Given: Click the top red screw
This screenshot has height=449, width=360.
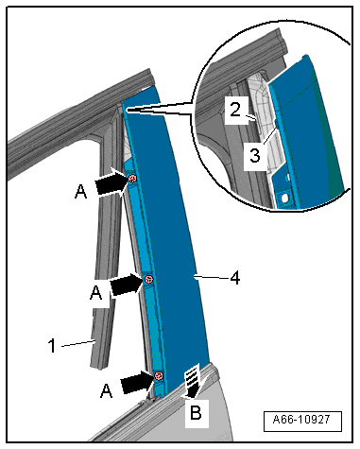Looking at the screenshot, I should (x=133, y=179).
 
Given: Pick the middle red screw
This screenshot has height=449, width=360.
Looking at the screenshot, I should (x=148, y=280).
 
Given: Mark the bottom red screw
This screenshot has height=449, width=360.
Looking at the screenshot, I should (x=159, y=376).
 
